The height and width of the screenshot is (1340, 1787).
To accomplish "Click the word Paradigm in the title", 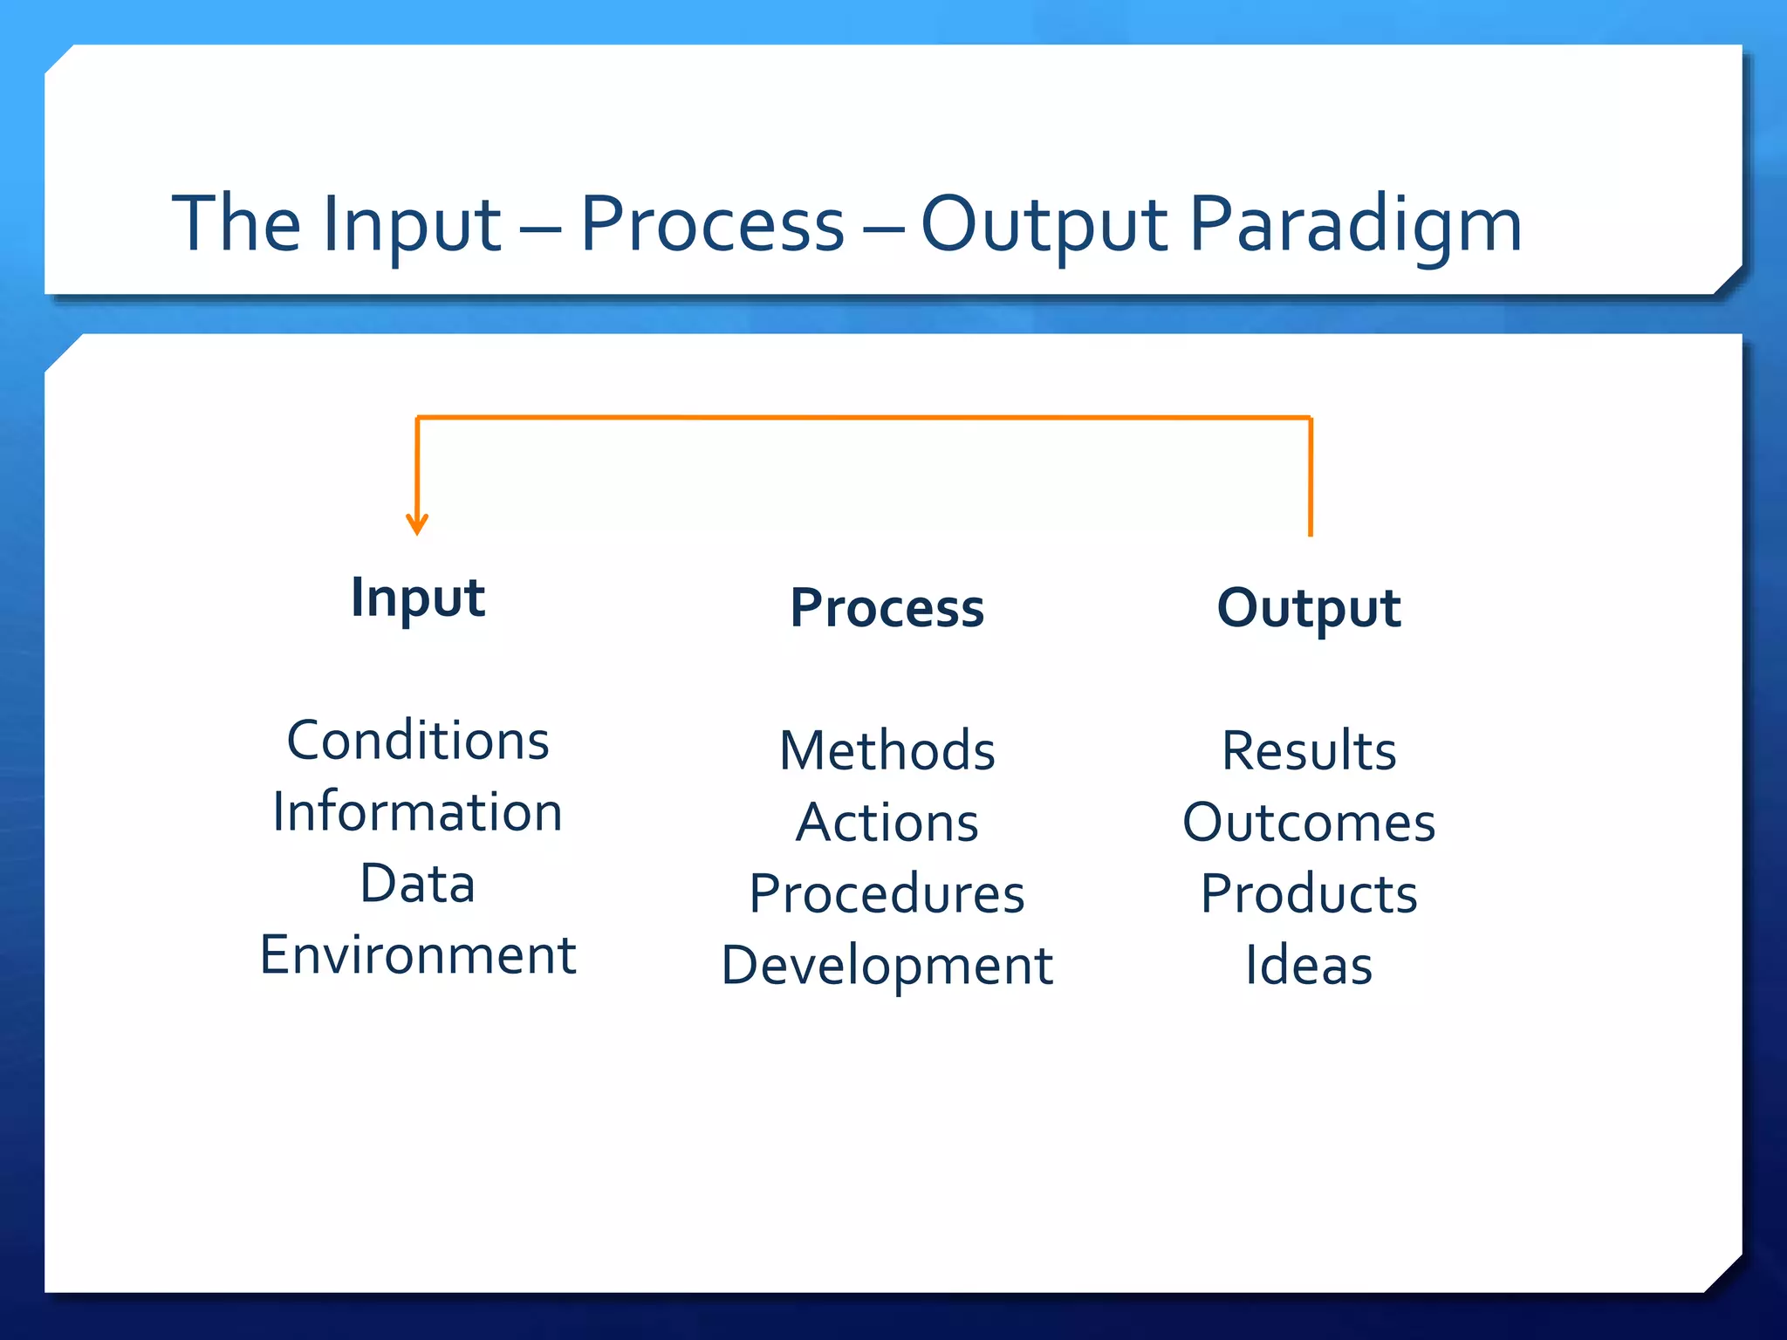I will [x=1355, y=225].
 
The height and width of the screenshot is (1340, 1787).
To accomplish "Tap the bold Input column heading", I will [x=418, y=598].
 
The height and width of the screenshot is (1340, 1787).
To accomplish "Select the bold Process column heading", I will [x=887, y=608].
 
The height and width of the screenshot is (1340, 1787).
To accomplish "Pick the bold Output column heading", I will [x=1309, y=608].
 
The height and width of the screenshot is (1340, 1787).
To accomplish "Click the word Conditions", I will [x=418, y=741].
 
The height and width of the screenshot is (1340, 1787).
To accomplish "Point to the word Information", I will [x=418, y=812].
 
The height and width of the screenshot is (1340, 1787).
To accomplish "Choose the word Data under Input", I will [x=418, y=884].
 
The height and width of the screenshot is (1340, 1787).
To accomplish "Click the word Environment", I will [x=418, y=955].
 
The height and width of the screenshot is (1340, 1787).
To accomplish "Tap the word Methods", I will [x=887, y=750].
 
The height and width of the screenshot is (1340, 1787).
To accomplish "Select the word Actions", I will [x=887, y=823].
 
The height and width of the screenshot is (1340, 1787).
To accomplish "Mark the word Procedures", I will [x=887, y=894].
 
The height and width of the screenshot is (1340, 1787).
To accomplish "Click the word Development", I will [x=887, y=966].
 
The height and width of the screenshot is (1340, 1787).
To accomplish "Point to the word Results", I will [x=1309, y=750].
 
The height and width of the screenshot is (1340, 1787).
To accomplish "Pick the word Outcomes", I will [x=1309, y=823].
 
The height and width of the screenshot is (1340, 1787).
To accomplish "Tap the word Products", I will [x=1309, y=894].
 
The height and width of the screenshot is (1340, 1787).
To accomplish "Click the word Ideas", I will [x=1309, y=966].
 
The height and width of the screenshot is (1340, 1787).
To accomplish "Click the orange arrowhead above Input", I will [x=417, y=524].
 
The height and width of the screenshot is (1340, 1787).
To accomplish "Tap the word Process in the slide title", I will [x=712, y=225].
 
